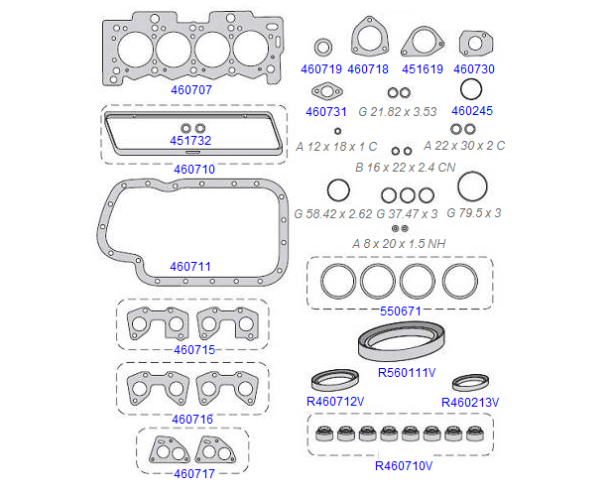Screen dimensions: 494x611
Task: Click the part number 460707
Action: click(x=191, y=89)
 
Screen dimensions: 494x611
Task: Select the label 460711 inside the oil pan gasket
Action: click(x=189, y=266)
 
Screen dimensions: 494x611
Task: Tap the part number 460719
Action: click(x=321, y=69)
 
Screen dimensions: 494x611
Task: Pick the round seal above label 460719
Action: click(x=322, y=47)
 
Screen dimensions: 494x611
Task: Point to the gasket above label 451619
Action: click(x=423, y=43)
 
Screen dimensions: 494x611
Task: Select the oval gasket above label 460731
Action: click(x=325, y=93)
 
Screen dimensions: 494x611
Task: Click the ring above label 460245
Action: click(x=471, y=90)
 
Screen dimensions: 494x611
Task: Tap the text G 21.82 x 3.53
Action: click(x=397, y=111)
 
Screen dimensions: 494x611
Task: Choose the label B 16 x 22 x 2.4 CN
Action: click(x=405, y=168)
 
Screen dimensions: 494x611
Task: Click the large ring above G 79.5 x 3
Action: click(x=473, y=185)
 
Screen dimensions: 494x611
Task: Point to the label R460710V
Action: click(x=405, y=464)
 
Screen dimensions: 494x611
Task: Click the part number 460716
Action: click(x=192, y=419)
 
